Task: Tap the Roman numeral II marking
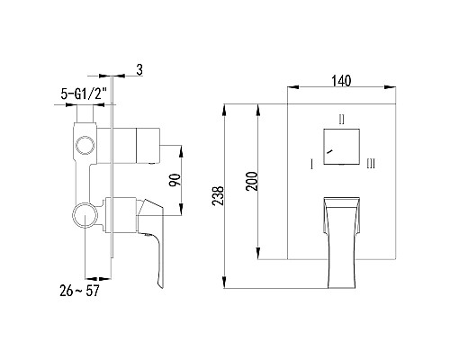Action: (x=341, y=118)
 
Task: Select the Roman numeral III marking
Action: (x=371, y=164)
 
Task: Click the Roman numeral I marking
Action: (x=311, y=164)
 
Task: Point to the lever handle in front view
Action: (x=341, y=234)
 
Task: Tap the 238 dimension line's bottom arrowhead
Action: (x=225, y=285)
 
